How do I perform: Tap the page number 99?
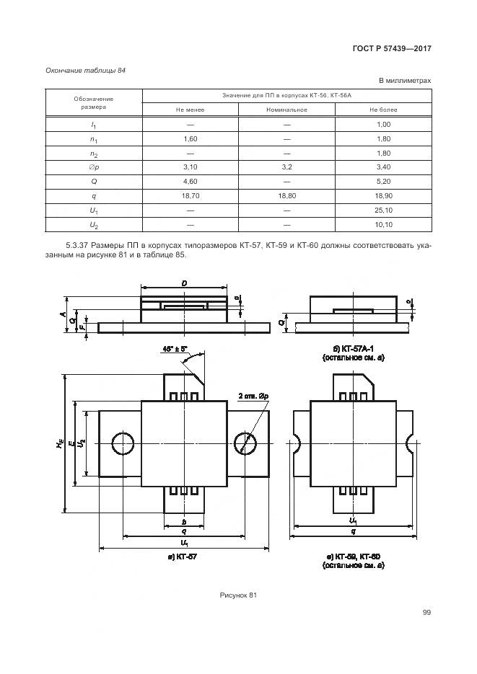tap(426, 613)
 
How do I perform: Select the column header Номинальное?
tap(286, 110)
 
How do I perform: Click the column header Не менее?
tap(190, 110)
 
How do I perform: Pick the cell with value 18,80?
tap(286, 195)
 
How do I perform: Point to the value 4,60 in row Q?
tap(190, 181)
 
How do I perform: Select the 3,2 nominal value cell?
tap(286, 167)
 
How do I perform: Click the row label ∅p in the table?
tap(94, 167)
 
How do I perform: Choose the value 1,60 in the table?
tap(190, 138)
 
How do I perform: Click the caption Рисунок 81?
tap(238, 595)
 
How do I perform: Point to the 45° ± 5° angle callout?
tap(174, 348)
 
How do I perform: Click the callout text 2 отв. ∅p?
tap(253, 395)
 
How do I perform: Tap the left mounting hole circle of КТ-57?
tap(123, 444)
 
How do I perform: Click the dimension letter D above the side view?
tap(185, 285)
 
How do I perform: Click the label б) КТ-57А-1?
tap(353, 348)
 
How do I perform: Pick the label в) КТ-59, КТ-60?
tap(354, 557)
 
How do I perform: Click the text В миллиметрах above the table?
tap(405, 81)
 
